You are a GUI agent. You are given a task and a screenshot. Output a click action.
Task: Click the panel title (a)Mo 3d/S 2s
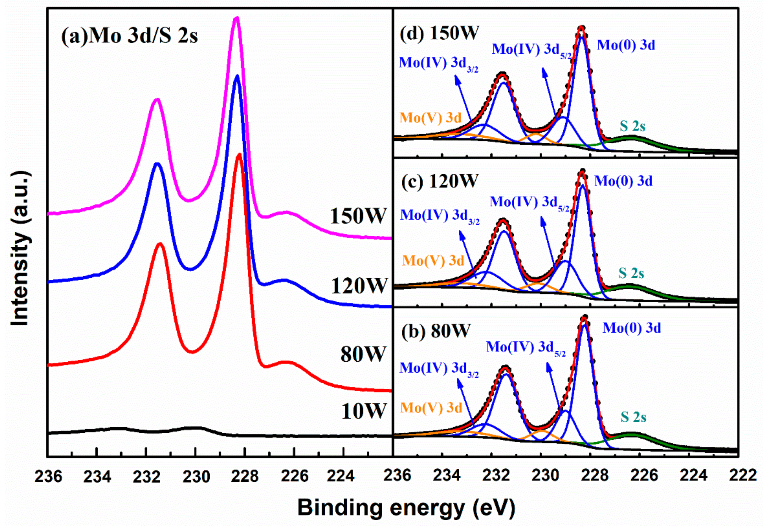(x=129, y=36)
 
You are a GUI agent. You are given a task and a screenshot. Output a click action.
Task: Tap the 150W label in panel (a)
(x=358, y=216)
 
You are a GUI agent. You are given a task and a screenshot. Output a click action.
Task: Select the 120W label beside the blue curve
(x=359, y=285)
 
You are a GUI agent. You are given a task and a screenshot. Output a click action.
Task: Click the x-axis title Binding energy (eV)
(x=406, y=507)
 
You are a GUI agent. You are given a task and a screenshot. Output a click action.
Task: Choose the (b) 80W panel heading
(x=436, y=331)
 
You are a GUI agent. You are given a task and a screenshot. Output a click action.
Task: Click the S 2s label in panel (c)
(x=631, y=273)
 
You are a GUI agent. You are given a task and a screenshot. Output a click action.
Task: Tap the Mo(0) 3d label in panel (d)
(x=626, y=45)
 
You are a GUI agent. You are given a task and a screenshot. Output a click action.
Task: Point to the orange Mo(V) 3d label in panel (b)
(x=431, y=408)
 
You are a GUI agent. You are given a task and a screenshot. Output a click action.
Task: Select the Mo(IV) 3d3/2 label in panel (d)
(x=438, y=63)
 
